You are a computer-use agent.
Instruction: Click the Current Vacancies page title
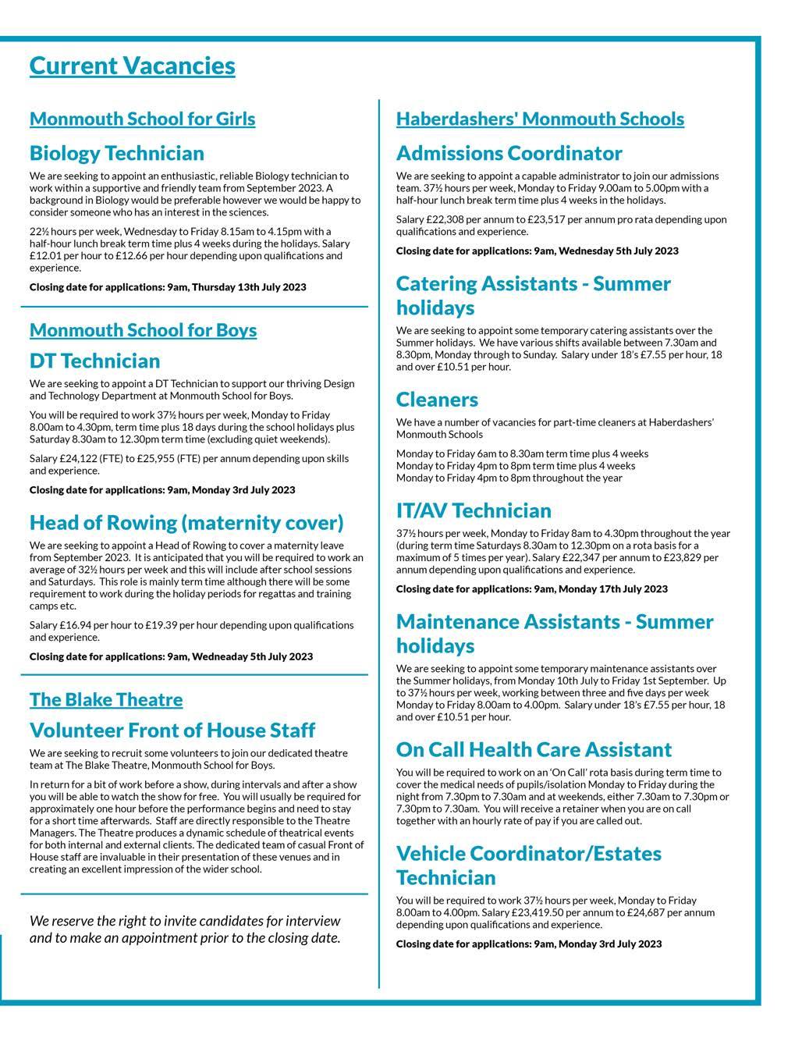[132, 66]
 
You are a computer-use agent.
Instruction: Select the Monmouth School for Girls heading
[142, 119]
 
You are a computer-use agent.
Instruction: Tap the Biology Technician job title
[117, 153]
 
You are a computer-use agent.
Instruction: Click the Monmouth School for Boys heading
[143, 330]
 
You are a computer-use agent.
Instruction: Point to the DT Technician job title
[94, 361]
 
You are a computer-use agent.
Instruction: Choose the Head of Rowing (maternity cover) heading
[186, 522]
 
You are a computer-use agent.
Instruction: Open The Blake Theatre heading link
[106, 699]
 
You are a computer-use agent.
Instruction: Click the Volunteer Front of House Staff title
[172, 730]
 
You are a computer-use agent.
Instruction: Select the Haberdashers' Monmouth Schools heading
[540, 119]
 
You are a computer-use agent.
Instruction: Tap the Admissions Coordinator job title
[509, 153]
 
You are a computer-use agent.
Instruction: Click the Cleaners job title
[437, 400]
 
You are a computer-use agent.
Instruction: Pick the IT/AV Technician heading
[474, 510]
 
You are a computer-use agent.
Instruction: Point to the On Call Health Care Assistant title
[534, 749]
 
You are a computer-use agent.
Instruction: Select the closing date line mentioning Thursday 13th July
[168, 287]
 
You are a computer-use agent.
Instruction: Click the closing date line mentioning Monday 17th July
[531, 589]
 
